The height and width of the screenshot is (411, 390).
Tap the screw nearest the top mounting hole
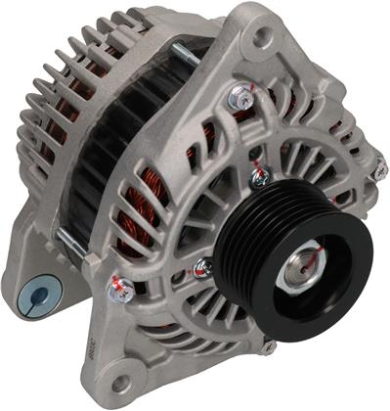(238, 95)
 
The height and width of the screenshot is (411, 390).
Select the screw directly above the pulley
(259, 176)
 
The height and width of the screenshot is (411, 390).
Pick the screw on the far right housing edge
(377, 170)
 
